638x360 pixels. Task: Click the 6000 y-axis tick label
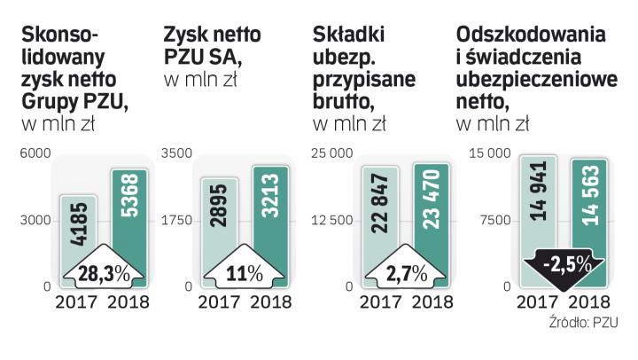coord(34,154)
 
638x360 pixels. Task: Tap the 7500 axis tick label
coord(494,221)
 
